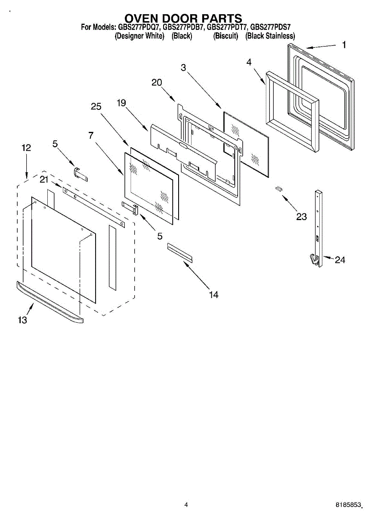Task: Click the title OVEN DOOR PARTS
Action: (183, 19)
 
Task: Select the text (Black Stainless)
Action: (270, 36)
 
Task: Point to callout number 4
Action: (249, 62)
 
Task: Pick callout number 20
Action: (157, 83)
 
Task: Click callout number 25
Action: (96, 107)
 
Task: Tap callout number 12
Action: (26, 148)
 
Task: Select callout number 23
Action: (301, 217)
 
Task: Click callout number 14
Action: (213, 295)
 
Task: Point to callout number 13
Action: (22, 320)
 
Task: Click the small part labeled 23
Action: (279, 188)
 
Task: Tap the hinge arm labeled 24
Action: (318, 228)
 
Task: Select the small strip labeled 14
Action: (180, 252)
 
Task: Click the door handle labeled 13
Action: (49, 302)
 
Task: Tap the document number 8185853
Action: (348, 505)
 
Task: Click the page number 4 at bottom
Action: (186, 505)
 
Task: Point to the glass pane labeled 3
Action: (246, 142)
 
